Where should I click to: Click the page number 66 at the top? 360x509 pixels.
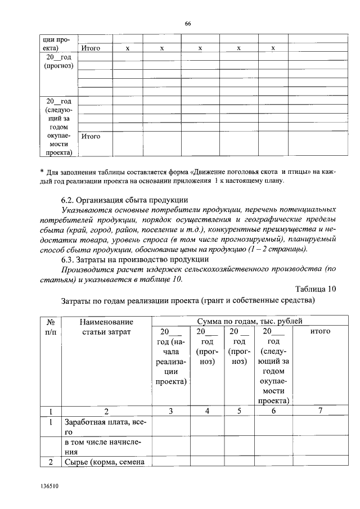pos(188,23)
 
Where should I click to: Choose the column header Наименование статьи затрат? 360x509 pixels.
pos(106,327)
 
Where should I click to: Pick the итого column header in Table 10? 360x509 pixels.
pos(320,332)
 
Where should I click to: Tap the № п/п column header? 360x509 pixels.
pos(50,327)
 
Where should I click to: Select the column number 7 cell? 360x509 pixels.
pos(320,411)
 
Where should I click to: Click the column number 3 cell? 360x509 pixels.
pos(171,411)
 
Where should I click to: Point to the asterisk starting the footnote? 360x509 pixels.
pos(42,172)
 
